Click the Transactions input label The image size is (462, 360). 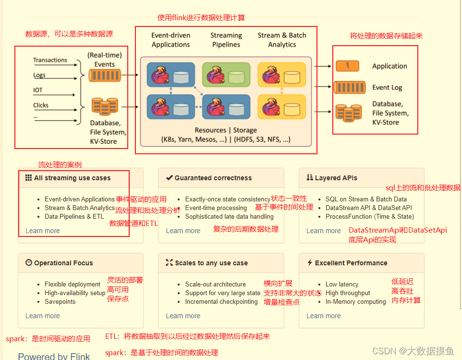point(50,60)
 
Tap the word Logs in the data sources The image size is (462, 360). point(39,75)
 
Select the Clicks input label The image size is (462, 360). point(41,105)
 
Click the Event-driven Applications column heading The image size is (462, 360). point(170,40)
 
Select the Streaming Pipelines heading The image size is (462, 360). point(226,40)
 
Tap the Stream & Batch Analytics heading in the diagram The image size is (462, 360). point(282,40)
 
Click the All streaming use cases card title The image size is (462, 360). point(72,178)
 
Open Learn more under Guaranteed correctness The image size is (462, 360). point(183,231)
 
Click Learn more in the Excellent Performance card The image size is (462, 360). point(323,316)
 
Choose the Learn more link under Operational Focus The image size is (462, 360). point(42,316)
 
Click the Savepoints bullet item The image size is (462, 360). point(60,302)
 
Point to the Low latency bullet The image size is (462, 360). point(341,284)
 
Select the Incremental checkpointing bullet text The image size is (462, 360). point(221,302)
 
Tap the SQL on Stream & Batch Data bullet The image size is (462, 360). point(366,199)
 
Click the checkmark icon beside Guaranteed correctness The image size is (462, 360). point(169,178)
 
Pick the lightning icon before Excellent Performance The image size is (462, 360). point(309,263)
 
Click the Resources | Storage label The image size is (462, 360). point(226,130)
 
